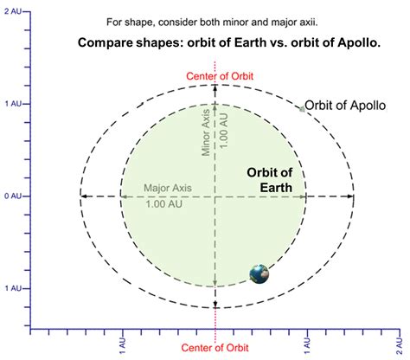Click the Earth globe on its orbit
[259, 274]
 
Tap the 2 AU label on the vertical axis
[13, 11]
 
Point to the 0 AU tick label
[13, 196]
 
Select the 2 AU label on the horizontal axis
[399, 346]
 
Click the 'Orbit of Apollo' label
[345, 106]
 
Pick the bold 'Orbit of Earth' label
[270, 180]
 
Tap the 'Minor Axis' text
[206, 132]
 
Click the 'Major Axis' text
[168, 188]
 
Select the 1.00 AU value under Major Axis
[163, 204]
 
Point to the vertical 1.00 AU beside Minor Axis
[224, 131]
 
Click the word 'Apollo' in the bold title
[359, 42]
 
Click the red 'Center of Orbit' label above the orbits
[220, 76]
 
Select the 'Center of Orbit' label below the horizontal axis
[215, 348]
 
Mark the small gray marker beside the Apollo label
[302, 109]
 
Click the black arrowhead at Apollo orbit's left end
[84, 196]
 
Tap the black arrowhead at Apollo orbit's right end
[350, 196]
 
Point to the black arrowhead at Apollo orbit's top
[215, 87]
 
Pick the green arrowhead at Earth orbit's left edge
[124, 196]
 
